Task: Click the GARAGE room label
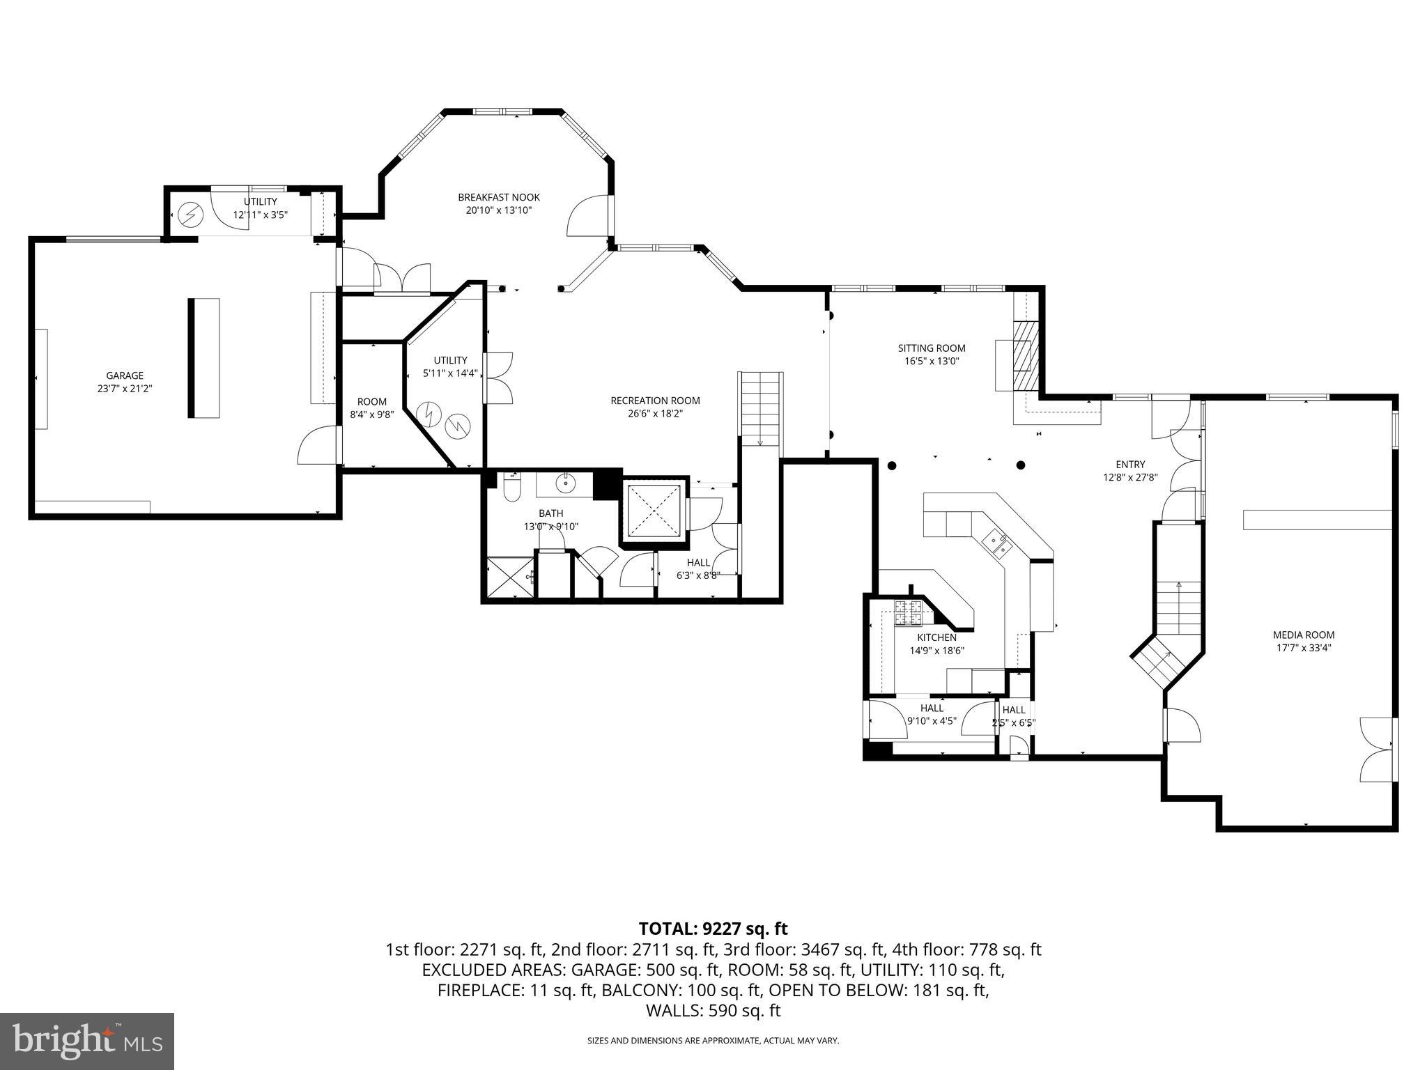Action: click(x=125, y=375)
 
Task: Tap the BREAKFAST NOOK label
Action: click(x=498, y=197)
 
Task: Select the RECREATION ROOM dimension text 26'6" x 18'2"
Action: click(x=655, y=413)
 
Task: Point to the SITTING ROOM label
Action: click(x=931, y=348)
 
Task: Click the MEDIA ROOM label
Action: click(x=1303, y=635)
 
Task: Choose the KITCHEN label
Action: click(x=936, y=637)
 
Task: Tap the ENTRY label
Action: click(x=1129, y=465)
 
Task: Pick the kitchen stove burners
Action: click(x=909, y=612)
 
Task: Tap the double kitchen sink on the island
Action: click(x=996, y=544)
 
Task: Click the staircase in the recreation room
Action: click(x=760, y=409)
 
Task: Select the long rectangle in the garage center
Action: click(x=203, y=358)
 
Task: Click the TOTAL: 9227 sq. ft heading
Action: click(x=713, y=929)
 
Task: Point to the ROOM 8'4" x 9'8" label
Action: click(x=371, y=408)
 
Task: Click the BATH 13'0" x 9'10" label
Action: click(x=550, y=520)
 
